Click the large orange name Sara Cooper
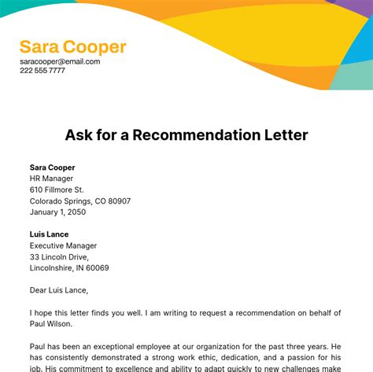click(x=72, y=46)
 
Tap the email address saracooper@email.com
click(x=60, y=61)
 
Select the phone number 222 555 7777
click(x=42, y=71)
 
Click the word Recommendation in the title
click(x=200, y=134)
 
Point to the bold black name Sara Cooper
click(x=53, y=168)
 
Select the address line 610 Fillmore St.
click(x=57, y=190)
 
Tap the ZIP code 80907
click(x=118, y=201)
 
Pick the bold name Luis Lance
click(x=49, y=234)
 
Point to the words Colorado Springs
click(x=65, y=201)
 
